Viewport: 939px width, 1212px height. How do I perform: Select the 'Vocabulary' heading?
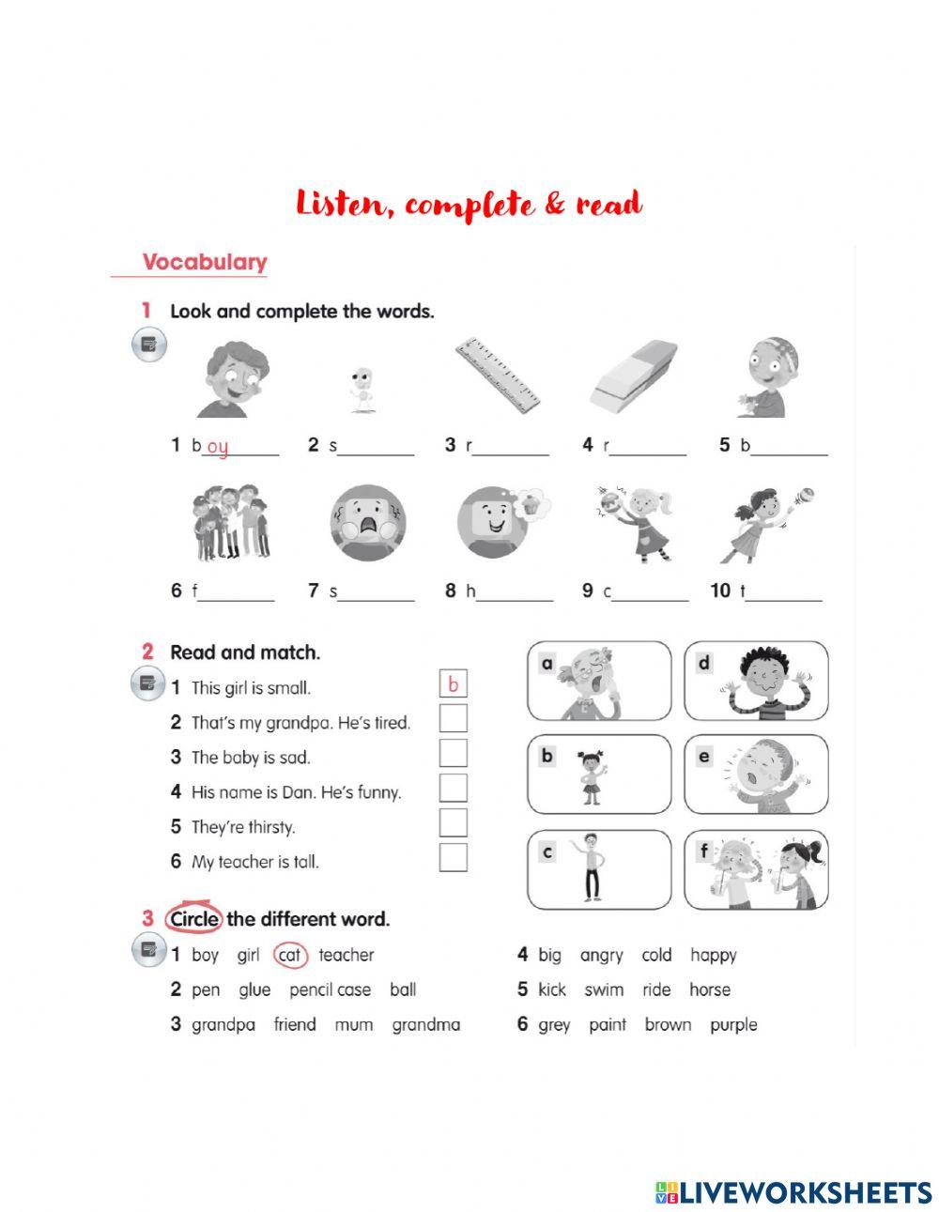point(205,262)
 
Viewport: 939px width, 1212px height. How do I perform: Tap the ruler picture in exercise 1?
point(498,376)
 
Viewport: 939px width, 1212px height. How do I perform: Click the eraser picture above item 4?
point(634,376)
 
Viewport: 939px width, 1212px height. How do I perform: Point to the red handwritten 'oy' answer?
point(218,448)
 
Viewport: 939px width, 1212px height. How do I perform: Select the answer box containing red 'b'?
point(453,684)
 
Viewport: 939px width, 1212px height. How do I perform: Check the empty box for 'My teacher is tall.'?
point(453,858)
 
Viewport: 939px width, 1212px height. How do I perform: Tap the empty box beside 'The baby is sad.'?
point(453,754)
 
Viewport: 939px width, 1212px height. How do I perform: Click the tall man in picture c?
point(592,867)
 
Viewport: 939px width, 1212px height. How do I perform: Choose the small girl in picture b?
point(592,775)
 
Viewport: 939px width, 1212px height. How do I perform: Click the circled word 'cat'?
point(290,956)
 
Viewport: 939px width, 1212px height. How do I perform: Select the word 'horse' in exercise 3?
point(709,990)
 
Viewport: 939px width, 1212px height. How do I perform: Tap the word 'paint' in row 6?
point(607,1024)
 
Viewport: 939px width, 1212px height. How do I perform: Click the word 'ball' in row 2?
point(403,990)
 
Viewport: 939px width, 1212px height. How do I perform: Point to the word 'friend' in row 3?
point(294,1024)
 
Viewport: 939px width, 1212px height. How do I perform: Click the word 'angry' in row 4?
point(601,956)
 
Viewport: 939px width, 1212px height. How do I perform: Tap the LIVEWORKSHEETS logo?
point(793,1192)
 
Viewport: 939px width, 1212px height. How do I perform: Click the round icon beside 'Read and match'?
point(148,685)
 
